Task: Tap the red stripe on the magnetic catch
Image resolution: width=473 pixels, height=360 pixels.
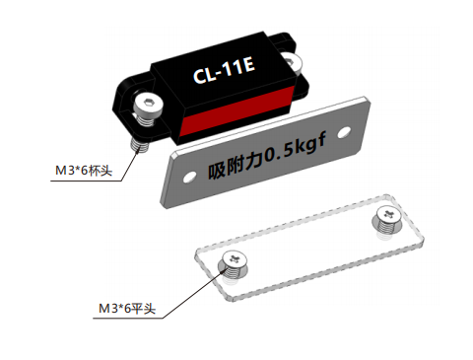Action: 236,110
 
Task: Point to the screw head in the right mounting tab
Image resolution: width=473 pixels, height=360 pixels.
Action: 291,61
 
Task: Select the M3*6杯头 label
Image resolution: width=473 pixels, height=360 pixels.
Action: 84,171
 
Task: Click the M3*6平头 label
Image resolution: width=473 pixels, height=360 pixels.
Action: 127,309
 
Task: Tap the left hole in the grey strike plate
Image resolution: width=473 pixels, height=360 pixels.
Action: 189,178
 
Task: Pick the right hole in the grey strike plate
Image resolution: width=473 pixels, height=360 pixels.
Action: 344,132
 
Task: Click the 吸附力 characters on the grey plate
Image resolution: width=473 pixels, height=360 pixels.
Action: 236,166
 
